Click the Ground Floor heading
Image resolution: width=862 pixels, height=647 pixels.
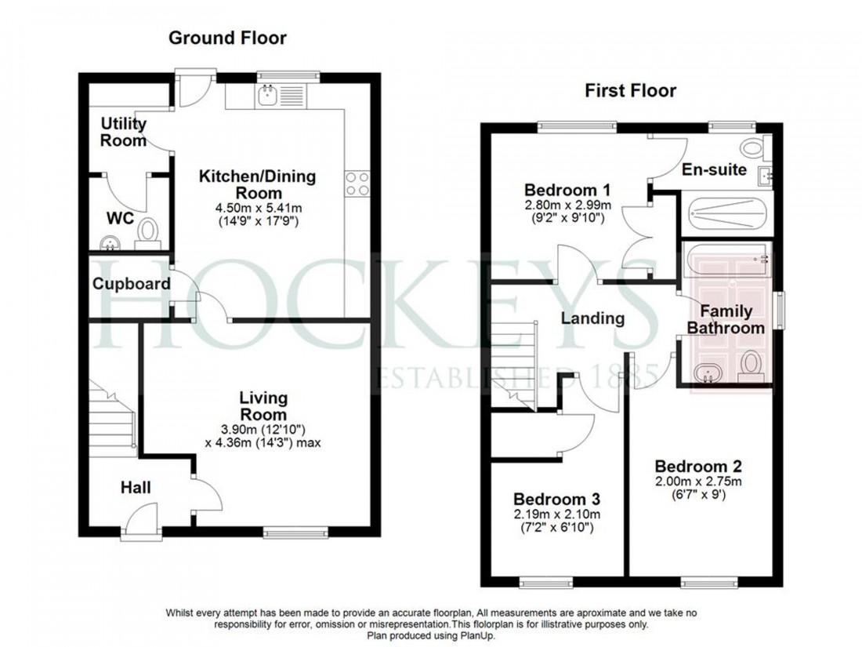[228, 38]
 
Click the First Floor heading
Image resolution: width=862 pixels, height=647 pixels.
[630, 91]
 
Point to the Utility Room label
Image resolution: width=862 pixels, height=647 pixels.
[124, 133]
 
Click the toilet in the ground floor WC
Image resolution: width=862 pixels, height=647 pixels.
[147, 232]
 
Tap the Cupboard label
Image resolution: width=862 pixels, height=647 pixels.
[131, 284]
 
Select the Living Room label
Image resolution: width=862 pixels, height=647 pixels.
[263, 406]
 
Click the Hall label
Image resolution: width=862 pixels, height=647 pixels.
[136, 488]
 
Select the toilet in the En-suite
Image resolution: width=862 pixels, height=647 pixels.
[755, 146]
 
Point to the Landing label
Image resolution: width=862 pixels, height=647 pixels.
[592, 318]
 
